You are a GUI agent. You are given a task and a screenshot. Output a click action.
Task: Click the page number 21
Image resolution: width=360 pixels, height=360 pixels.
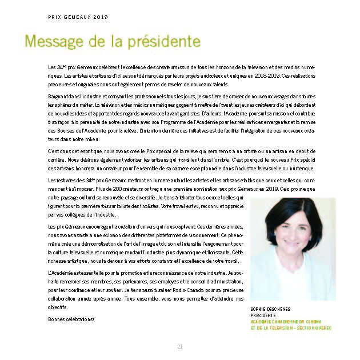[179, 346]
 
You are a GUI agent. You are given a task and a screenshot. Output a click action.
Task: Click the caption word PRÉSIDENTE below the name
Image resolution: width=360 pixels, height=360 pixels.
[263, 315]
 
